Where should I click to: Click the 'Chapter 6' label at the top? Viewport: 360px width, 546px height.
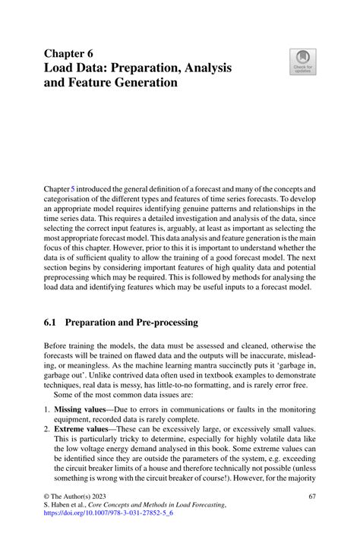tap(68, 53)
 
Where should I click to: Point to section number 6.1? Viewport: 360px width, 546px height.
tap(51, 321)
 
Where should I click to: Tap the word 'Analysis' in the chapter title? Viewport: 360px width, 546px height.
tap(204, 68)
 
